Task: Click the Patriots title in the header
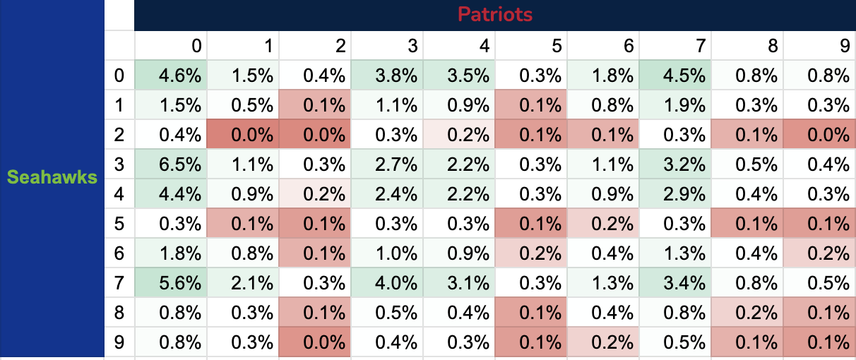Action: [494, 14]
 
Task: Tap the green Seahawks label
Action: [52, 178]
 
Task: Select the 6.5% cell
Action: [171, 164]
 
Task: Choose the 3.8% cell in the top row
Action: [388, 76]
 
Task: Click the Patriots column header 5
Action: [557, 46]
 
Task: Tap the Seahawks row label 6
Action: [119, 253]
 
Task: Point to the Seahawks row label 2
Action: [119, 135]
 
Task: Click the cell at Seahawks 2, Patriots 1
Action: [244, 135]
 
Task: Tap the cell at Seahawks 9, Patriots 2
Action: [316, 342]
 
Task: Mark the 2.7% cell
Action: [388, 164]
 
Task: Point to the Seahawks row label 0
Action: [119, 76]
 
